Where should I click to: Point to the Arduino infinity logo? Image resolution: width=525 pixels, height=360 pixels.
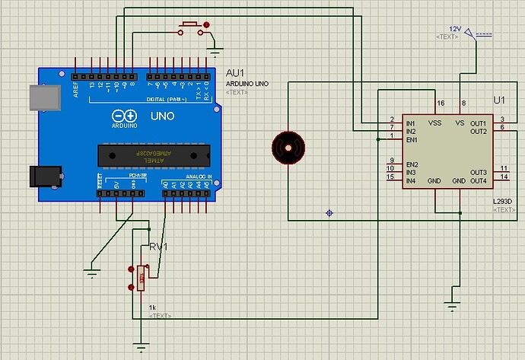click(125, 116)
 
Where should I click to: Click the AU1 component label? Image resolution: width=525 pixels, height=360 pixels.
click(234, 73)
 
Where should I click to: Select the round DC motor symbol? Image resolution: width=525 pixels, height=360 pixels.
click(289, 145)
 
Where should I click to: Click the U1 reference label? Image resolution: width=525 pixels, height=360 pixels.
click(499, 100)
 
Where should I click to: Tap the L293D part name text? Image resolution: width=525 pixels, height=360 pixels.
click(503, 201)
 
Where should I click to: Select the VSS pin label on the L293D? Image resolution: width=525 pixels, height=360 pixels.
click(434, 122)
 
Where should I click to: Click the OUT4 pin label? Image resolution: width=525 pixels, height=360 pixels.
click(478, 180)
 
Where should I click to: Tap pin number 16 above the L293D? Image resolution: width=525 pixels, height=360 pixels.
click(440, 103)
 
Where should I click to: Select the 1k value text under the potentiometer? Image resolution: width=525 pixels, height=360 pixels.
click(152, 307)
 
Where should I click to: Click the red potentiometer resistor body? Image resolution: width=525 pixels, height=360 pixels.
click(142, 279)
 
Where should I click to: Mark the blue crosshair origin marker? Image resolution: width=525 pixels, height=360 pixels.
click(329, 212)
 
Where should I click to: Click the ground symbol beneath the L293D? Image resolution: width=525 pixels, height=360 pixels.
click(453, 307)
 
